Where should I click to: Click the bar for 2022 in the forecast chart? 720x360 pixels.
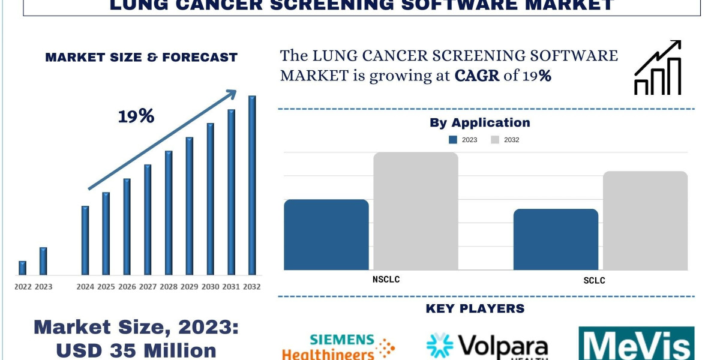click(x=22, y=268)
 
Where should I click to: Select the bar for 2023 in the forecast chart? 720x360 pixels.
click(x=43, y=261)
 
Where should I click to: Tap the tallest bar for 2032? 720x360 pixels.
click(x=252, y=185)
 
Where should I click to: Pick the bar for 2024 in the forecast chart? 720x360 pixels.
click(x=85, y=241)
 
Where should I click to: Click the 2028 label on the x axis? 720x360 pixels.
click(x=169, y=287)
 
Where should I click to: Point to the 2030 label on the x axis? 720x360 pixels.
click(x=210, y=287)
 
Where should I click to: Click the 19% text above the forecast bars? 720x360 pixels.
click(x=136, y=116)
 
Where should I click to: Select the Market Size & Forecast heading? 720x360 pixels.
click(x=141, y=58)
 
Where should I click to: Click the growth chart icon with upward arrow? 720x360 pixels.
click(x=658, y=68)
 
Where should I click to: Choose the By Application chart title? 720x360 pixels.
click(x=479, y=123)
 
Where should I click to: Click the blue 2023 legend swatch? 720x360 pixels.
click(x=453, y=140)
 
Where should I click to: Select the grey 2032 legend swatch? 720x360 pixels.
click(x=495, y=140)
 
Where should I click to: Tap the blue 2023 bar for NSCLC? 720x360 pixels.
click(x=326, y=235)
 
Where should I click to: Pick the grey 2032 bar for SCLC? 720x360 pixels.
click(x=645, y=220)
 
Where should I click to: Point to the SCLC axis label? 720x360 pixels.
click(x=594, y=280)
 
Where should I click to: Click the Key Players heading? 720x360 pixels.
click(x=475, y=309)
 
